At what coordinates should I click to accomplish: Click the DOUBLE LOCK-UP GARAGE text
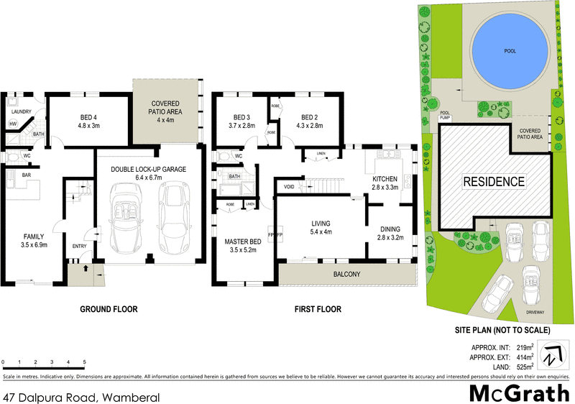coord(148,170)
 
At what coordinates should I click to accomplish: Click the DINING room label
coord(391,229)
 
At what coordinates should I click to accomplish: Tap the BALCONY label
coord(346,275)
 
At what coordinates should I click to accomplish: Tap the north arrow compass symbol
coord(551,354)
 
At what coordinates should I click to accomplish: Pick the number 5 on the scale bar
coord(85,362)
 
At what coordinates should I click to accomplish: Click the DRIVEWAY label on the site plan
coord(535,313)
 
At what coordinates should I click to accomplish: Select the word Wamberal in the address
coord(131,397)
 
